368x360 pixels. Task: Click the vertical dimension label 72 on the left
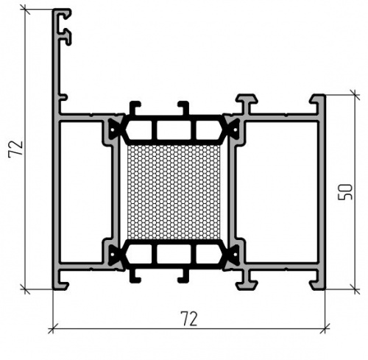15,149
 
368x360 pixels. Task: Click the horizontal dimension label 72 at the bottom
189,319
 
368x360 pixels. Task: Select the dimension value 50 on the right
345,192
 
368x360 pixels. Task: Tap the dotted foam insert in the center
174,191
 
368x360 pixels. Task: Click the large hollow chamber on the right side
277,192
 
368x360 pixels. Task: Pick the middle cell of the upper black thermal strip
174,130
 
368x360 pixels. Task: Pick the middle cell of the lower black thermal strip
174,254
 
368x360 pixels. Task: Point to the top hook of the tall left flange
64,14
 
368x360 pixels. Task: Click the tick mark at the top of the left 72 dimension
25,10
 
